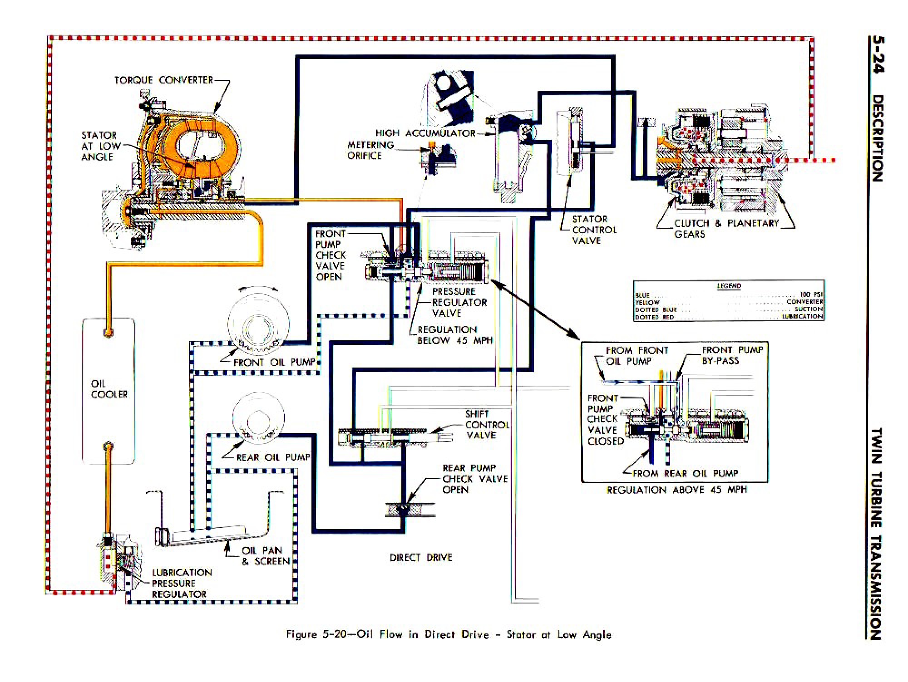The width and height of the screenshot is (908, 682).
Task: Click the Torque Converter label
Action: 163,80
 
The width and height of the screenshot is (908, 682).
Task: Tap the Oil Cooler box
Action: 109,390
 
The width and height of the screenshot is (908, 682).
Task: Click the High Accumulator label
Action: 425,133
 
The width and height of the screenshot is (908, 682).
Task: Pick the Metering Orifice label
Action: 370,150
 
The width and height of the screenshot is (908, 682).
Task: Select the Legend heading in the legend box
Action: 729,286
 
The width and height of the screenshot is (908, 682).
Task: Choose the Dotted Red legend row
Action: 728,317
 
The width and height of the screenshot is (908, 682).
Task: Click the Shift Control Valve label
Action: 486,425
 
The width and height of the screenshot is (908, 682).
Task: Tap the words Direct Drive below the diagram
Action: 421,558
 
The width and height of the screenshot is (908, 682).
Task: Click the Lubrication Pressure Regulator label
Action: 181,584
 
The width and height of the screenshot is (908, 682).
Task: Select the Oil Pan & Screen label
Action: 265,556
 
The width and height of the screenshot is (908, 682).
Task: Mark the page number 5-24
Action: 878,55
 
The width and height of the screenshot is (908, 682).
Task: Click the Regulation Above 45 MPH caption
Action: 677,490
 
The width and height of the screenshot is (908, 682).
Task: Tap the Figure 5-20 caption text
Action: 449,634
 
